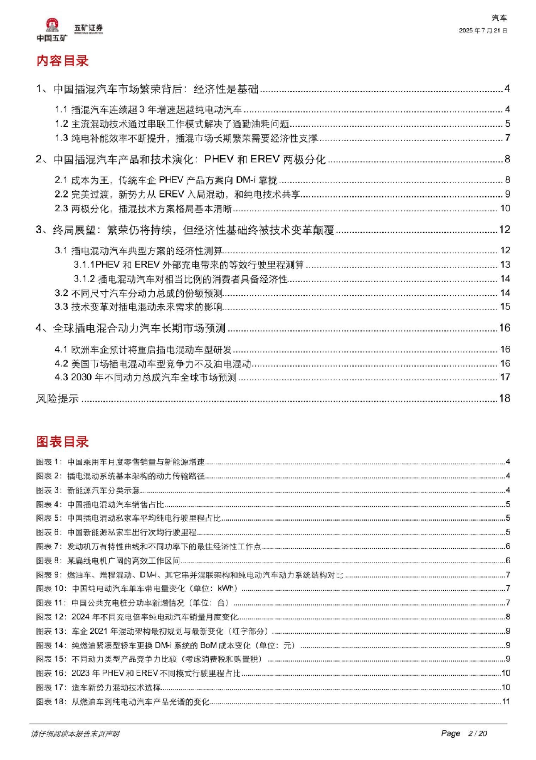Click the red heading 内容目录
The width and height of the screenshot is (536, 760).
click(62, 61)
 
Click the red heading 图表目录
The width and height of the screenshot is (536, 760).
click(62, 442)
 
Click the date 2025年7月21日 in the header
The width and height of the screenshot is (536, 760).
click(483, 31)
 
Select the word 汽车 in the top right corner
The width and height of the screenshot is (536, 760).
click(499, 19)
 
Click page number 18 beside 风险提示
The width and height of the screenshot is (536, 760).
click(505, 398)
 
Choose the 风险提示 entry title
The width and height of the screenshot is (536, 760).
click(57, 399)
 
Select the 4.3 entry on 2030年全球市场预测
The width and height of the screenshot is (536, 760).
click(145, 377)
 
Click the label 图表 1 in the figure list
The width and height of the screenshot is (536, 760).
click(49, 462)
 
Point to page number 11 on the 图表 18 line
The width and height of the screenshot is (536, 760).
click(506, 701)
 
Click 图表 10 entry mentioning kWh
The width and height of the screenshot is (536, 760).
click(155, 589)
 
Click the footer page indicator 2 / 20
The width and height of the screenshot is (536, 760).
click(477, 734)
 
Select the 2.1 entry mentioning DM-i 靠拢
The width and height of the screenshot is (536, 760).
click(166, 180)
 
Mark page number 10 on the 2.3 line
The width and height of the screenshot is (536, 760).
click(505, 208)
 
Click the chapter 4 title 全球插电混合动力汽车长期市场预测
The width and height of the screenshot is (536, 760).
click(139, 328)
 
